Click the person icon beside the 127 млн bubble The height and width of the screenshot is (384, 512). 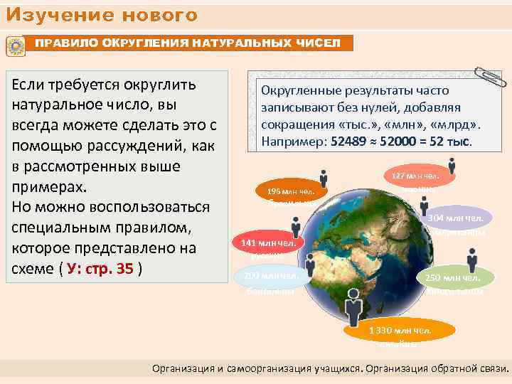coord(452,168)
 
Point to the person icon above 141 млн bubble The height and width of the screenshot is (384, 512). coord(296,227)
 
